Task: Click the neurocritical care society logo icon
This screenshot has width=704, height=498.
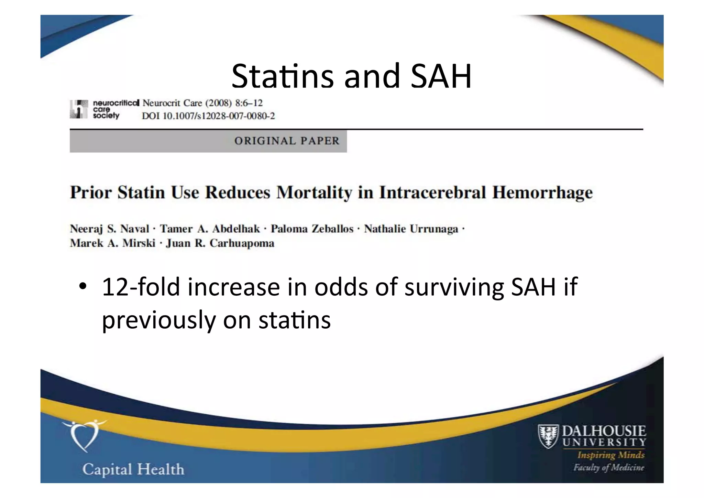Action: [79, 109]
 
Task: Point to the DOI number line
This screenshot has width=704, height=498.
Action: [208, 116]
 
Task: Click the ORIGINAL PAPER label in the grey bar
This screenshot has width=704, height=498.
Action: [287, 141]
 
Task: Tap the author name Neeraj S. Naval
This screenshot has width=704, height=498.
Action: [109, 229]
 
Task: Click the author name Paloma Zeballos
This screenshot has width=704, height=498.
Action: [312, 229]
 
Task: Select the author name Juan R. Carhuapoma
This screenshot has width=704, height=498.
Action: [220, 243]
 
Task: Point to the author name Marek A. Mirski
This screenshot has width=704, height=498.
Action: [112, 243]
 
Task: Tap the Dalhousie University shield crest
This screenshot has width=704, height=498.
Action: [548, 436]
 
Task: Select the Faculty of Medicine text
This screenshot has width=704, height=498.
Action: [608, 467]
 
